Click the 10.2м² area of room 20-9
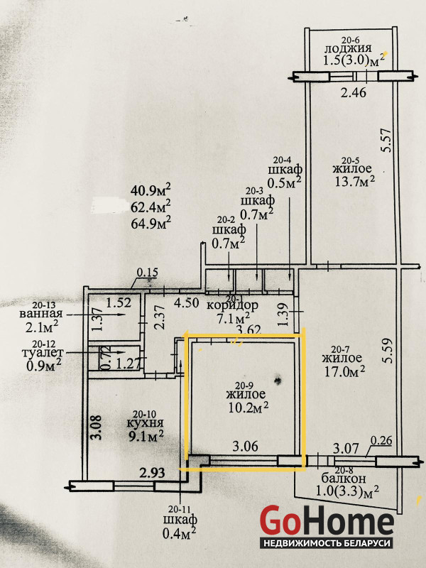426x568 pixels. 248,407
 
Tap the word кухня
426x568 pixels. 146,422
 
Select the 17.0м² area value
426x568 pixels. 344,371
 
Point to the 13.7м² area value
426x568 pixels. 353,181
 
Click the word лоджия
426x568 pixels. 348,49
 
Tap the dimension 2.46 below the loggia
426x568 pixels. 354,93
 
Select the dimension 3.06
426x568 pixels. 245,447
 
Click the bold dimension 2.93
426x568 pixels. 153,473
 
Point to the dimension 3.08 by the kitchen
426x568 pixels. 97,427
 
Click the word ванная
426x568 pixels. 41,313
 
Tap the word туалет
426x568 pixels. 43,352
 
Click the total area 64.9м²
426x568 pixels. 151,222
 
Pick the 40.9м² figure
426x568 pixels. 151,190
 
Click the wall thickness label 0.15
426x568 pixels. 147,272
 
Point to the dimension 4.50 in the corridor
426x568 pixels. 186,303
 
